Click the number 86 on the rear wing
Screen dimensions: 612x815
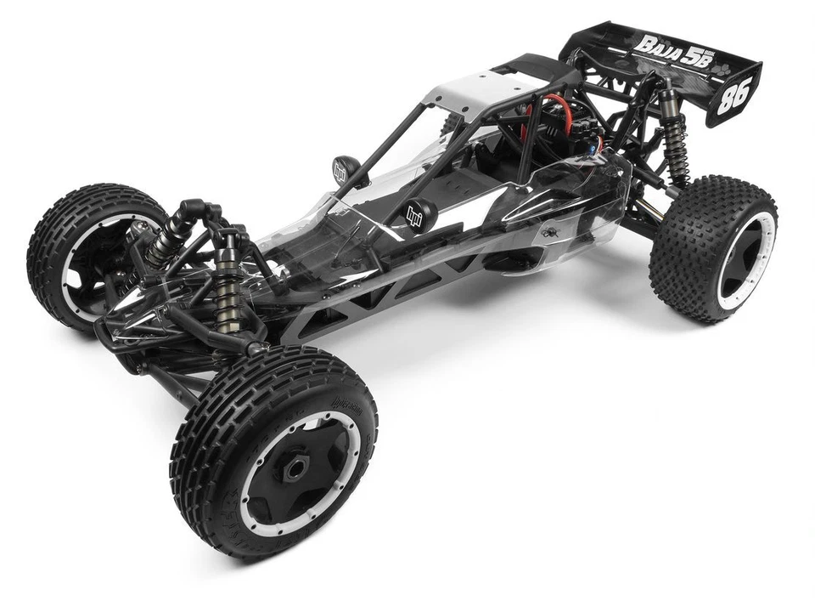point(733,95)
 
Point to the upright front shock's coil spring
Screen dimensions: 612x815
point(228,293)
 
